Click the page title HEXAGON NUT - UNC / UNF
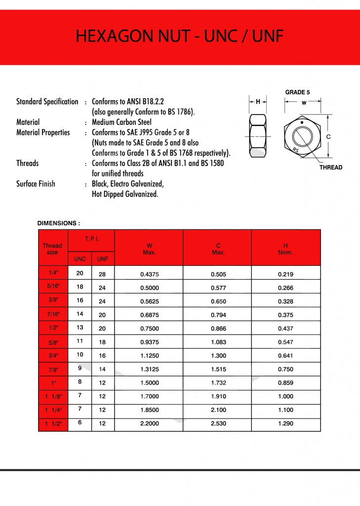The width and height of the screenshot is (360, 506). click(180, 37)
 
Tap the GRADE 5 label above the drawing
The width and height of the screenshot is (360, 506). click(297, 92)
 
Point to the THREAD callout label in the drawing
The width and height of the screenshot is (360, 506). click(330, 168)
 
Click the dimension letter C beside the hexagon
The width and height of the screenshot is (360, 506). click(328, 136)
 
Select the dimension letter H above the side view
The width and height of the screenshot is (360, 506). click(257, 102)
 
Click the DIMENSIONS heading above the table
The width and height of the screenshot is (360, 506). click(59, 223)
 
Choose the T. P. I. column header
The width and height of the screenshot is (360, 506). click(91, 239)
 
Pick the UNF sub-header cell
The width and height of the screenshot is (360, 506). click(103, 259)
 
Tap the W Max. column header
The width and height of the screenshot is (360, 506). click(149, 249)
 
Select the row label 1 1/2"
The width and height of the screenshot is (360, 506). click(53, 424)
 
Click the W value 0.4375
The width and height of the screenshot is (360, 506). click(149, 274)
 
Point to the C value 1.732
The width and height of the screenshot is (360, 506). click(217, 383)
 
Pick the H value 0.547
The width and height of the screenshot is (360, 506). click(285, 342)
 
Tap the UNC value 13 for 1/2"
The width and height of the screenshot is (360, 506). click(80, 327)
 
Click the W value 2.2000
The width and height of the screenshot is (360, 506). click(149, 424)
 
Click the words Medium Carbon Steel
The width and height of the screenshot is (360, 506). click(121, 122)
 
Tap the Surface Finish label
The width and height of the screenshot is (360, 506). click(36, 184)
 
